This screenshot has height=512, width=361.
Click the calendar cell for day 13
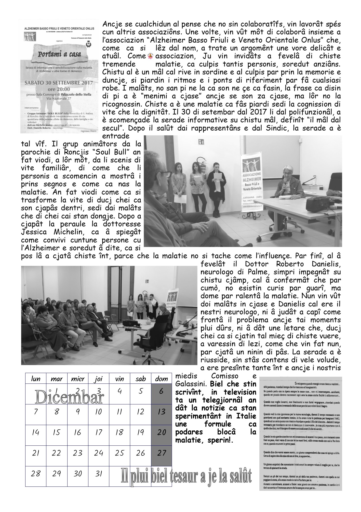click(x=161, y=412)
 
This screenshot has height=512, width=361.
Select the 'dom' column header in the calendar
click(x=161, y=379)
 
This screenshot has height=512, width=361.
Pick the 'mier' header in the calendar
click(x=78, y=379)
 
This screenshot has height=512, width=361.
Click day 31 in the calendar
click(x=99, y=474)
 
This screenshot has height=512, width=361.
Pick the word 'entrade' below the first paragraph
click(x=115, y=136)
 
